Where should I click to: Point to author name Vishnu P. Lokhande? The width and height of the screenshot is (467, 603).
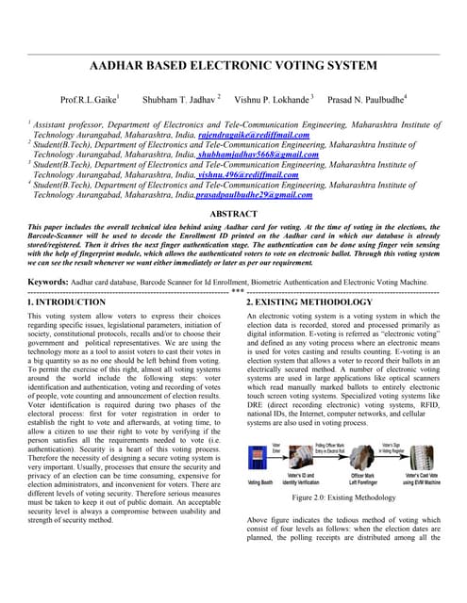[x=273, y=99]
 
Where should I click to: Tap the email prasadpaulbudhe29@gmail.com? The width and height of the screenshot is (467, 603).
[x=253, y=194]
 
